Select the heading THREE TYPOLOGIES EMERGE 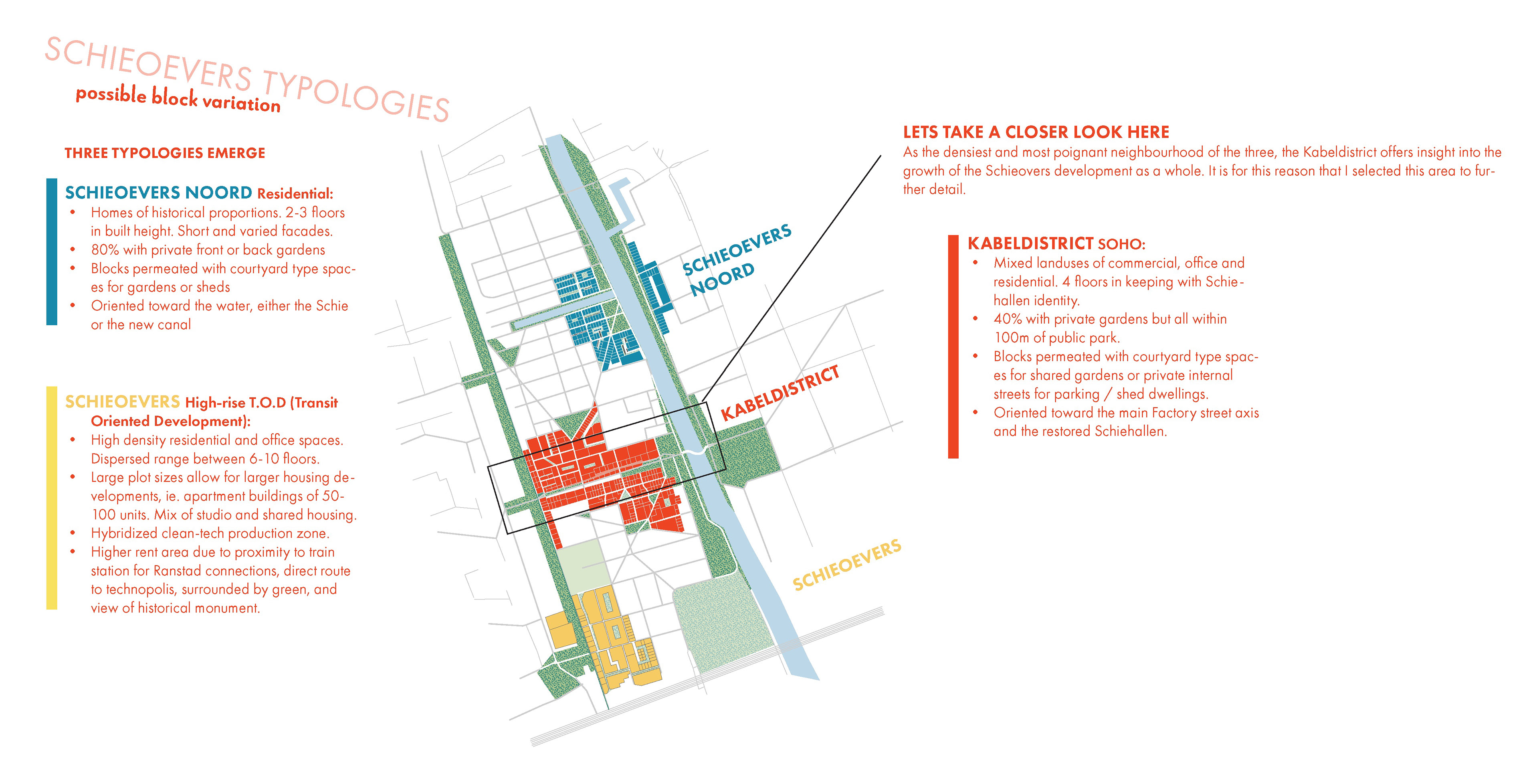click(164, 153)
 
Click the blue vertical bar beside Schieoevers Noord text click(52, 251)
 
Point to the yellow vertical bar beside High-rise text click(52, 497)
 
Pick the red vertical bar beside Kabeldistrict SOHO click(953, 347)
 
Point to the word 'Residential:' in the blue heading click(295, 194)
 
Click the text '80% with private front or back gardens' click(208, 250)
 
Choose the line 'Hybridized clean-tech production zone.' click(210, 533)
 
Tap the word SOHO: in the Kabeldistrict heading click(1121, 244)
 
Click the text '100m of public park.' click(1056, 338)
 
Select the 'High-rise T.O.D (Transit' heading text click(261, 403)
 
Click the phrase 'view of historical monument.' click(175, 608)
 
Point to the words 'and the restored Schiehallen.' click(1080, 432)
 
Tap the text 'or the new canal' click(141, 324)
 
